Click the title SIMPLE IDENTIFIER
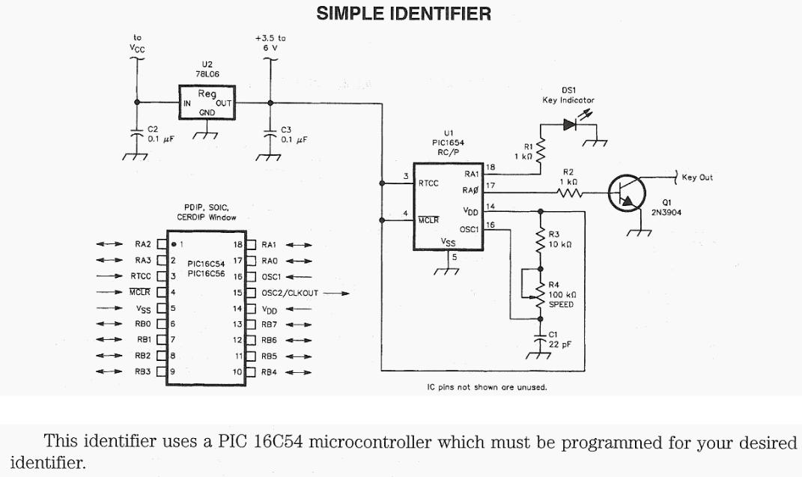click(404, 13)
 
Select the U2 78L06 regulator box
click(206, 103)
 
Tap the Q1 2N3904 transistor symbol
click(626, 194)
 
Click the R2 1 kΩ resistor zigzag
click(569, 193)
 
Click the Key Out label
click(697, 177)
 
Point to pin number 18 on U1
click(490, 167)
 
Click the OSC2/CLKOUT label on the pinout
click(290, 293)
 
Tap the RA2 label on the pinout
click(143, 244)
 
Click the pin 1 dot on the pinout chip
click(174, 244)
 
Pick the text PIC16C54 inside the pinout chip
click(204, 264)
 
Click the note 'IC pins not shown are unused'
click(485, 387)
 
